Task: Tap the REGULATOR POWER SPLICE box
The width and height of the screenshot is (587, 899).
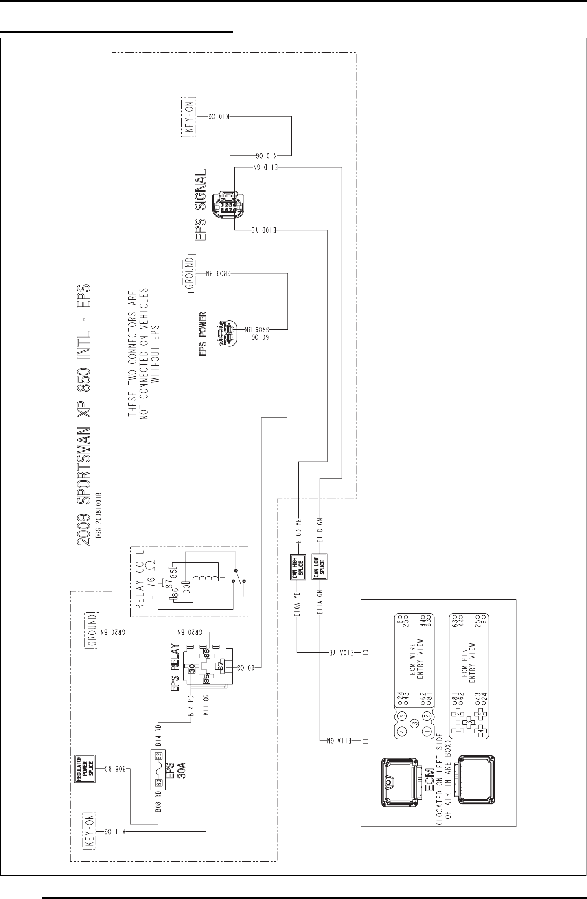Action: click(85, 769)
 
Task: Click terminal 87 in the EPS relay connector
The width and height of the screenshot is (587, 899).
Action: click(221, 666)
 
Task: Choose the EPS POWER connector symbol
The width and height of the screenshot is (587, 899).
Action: click(226, 332)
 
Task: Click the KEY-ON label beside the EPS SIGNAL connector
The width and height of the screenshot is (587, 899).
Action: click(188, 117)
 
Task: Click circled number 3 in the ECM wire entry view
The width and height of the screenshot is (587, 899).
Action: click(414, 723)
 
